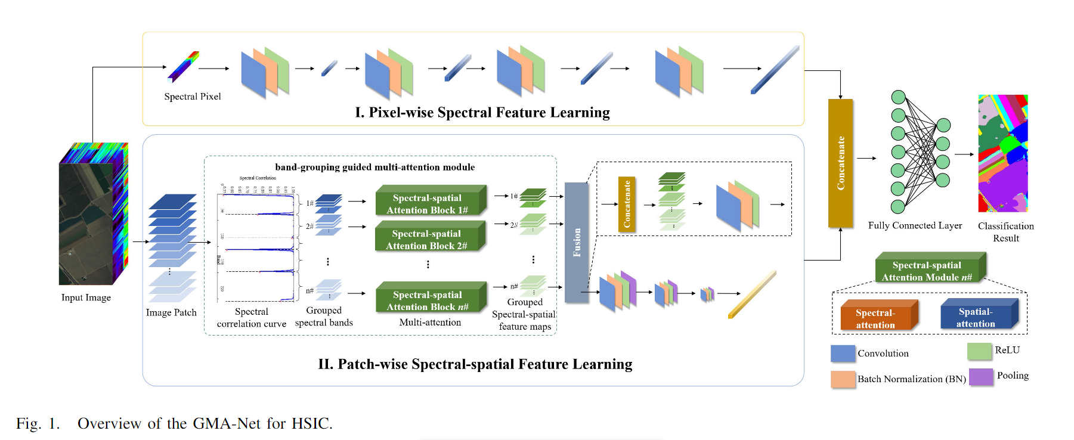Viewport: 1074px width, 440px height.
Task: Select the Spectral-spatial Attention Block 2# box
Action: tap(430, 239)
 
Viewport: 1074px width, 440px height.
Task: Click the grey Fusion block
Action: tap(577, 242)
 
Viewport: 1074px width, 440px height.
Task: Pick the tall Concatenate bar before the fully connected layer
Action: tap(841, 163)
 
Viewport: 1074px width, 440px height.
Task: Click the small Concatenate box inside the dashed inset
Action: tap(626, 204)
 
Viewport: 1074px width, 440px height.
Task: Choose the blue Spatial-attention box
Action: tap(976, 317)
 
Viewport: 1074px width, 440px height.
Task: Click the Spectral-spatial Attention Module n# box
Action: tap(927, 271)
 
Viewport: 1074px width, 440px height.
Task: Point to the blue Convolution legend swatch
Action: tap(843, 354)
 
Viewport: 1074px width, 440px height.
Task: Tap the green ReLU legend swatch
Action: tap(979, 351)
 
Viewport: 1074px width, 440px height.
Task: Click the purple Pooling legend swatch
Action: tap(981, 377)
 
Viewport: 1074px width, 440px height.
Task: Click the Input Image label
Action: tap(86, 298)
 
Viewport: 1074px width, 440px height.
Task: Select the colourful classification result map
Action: tap(1002, 153)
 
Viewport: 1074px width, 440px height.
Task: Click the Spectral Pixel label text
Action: tap(192, 97)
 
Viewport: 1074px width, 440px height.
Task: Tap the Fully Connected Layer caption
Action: tap(915, 225)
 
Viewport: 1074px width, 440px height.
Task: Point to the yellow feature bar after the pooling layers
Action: tap(752, 295)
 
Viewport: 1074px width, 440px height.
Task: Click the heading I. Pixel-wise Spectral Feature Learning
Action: tap(482, 113)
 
